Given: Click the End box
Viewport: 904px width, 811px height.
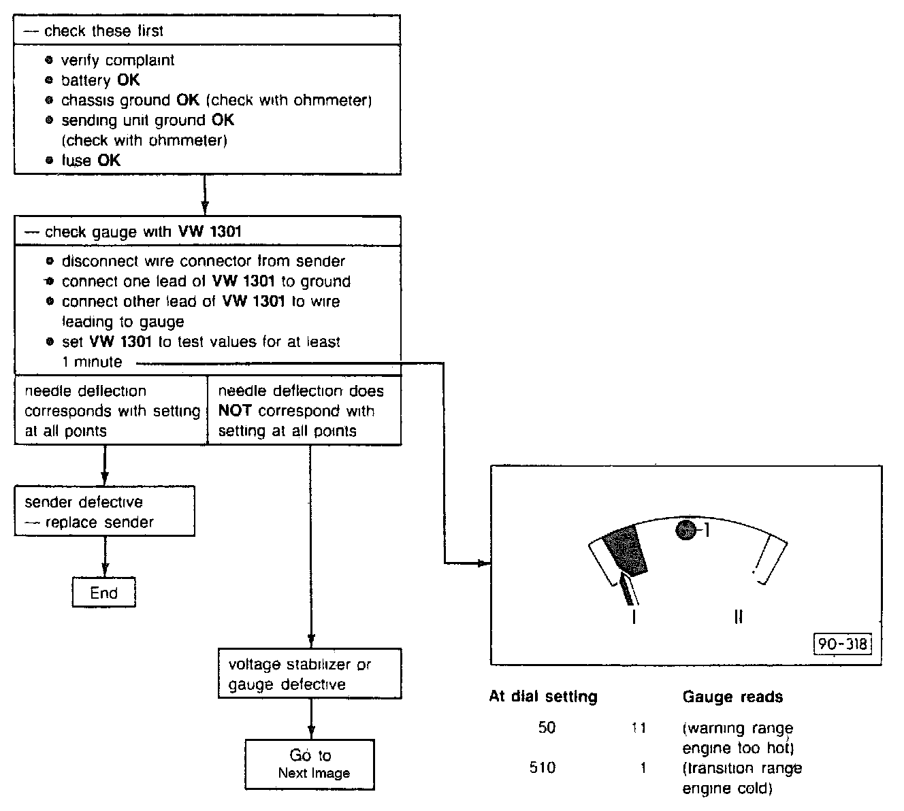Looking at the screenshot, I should click(x=103, y=593).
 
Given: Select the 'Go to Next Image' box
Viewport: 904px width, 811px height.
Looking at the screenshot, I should click(x=310, y=764).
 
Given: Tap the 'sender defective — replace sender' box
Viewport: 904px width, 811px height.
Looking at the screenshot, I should click(x=105, y=512).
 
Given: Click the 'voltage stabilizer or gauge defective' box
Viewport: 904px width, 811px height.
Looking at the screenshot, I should click(x=310, y=674).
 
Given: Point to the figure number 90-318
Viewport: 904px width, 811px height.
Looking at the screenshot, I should click(x=843, y=644).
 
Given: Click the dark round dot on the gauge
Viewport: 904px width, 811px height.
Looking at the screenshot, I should click(x=686, y=529).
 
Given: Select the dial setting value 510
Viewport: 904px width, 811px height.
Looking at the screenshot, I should click(x=543, y=768).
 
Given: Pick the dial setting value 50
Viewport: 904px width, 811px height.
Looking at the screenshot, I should click(x=547, y=727).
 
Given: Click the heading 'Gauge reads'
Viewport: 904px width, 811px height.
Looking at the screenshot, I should click(x=732, y=697).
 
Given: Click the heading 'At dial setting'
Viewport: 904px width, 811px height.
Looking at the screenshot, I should click(x=543, y=697).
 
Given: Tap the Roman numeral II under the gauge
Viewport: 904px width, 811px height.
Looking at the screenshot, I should click(x=738, y=617).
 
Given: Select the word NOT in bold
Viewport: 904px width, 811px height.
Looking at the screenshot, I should click(x=235, y=411).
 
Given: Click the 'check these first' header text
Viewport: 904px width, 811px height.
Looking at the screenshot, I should click(x=103, y=31).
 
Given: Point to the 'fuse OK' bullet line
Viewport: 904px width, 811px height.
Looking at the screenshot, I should click(x=91, y=161).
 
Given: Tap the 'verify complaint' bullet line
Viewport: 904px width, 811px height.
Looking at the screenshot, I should click(x=117, y=61).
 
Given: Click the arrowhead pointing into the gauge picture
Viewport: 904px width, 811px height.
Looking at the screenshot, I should click(x=484, y=563).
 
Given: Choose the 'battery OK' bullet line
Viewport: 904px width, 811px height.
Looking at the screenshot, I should click(x=100, y=80).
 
